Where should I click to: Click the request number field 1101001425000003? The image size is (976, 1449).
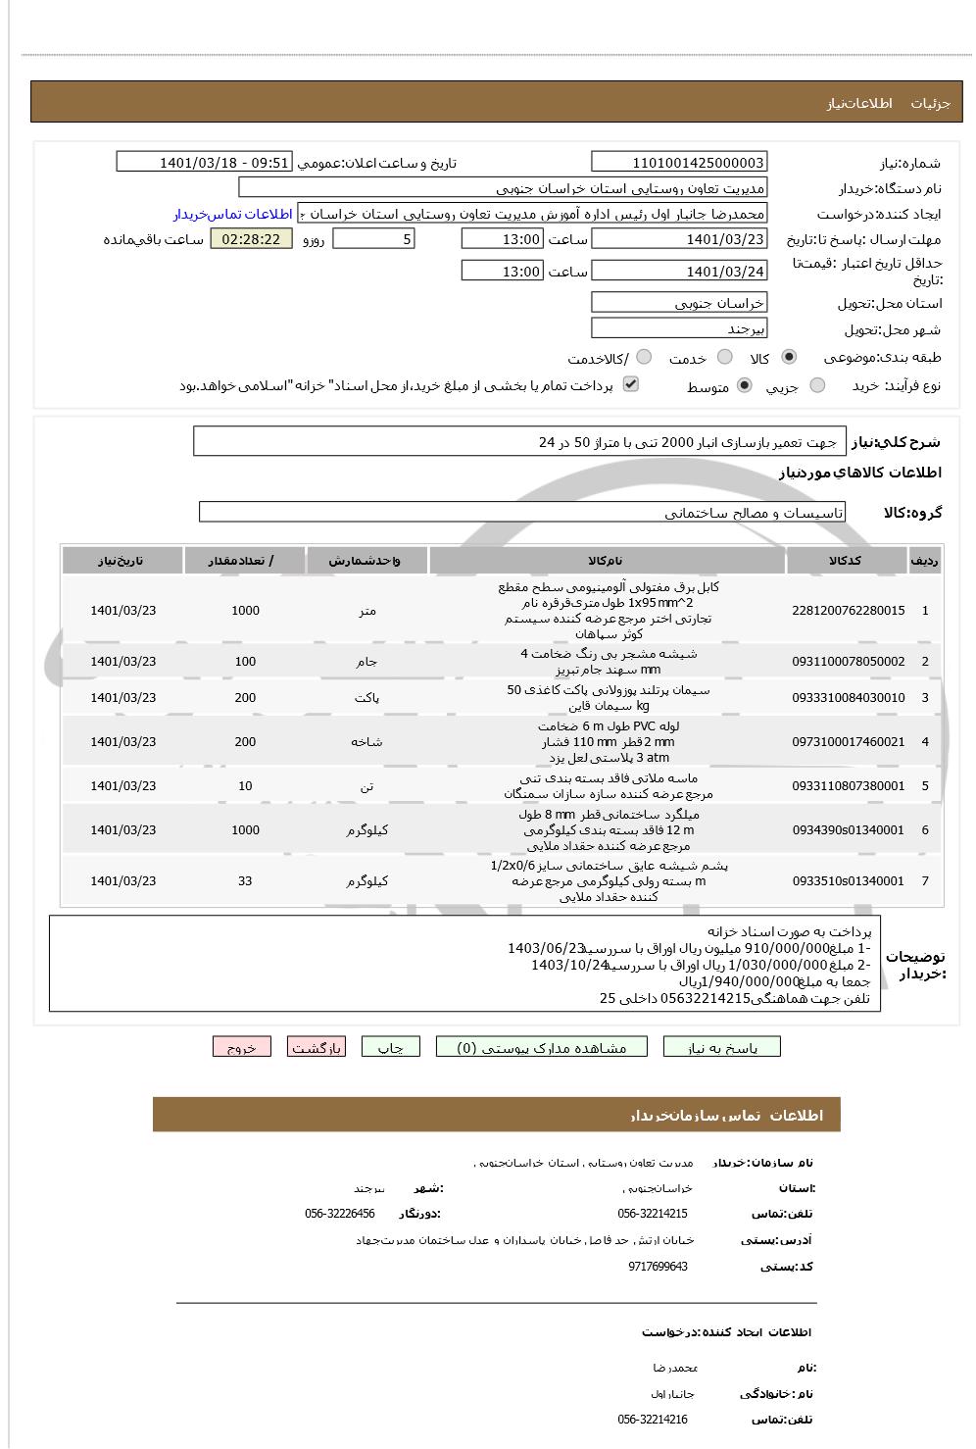coord(679,162)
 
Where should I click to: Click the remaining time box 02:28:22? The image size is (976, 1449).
coord(251,239)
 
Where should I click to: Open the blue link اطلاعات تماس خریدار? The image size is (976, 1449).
coord(233,214)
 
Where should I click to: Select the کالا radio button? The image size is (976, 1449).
coord(789,358)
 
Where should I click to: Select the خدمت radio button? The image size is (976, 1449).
coord(724,358)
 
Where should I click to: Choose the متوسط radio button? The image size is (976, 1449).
coord(745,386)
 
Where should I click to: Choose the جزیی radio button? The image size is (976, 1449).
coord(817,386)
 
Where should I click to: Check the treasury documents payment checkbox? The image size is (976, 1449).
coord(631,384)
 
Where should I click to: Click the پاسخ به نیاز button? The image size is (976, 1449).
coord(722,1047)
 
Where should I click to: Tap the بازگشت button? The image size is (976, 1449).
coord(317,1047)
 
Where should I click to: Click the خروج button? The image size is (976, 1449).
coord(241,1047)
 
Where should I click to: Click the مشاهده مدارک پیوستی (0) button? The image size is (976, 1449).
coord(542,1047)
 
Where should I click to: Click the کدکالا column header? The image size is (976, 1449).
coord(846,561)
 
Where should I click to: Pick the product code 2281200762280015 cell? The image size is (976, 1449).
coord(848,610)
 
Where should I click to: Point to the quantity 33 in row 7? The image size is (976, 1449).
coord(245,880)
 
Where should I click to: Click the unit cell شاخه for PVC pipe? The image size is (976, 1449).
coord(366,742)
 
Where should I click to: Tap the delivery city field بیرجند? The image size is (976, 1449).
coord(679,328)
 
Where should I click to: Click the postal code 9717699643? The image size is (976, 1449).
coord(658,1266)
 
